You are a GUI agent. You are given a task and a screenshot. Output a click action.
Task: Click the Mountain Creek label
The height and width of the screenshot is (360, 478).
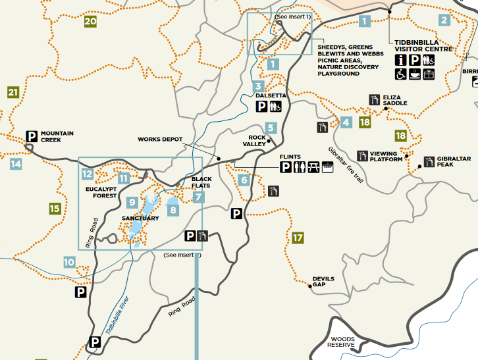57,136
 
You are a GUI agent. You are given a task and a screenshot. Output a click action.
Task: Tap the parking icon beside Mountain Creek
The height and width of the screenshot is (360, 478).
31,136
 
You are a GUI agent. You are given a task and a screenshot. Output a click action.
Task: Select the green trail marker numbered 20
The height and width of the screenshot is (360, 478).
91,22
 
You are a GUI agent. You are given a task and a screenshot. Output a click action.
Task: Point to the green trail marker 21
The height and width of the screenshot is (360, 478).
13,92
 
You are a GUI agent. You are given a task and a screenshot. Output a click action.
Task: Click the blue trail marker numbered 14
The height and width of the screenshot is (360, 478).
16,164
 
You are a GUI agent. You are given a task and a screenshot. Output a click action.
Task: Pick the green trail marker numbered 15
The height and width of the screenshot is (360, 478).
55,209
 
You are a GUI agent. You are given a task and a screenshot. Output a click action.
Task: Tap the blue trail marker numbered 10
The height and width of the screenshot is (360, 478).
69,262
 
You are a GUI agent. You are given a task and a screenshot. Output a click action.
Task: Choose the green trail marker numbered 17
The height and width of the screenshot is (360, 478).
298,237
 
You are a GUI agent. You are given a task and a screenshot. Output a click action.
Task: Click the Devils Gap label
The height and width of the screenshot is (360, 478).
323,282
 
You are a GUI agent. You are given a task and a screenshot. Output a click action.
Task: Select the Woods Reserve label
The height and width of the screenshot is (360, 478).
342,342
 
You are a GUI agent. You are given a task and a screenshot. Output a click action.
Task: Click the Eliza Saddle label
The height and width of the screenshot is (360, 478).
395,100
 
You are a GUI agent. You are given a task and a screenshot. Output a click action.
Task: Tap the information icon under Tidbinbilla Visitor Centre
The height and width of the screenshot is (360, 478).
401,60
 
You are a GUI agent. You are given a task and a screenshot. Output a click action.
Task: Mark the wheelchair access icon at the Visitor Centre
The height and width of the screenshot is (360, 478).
401,74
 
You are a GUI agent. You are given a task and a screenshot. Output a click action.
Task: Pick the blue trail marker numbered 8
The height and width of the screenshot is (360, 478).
173,210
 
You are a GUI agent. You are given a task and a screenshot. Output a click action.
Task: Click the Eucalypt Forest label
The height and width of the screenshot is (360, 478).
101,192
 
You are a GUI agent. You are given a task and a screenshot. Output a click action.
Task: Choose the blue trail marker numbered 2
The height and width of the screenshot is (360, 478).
444,20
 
